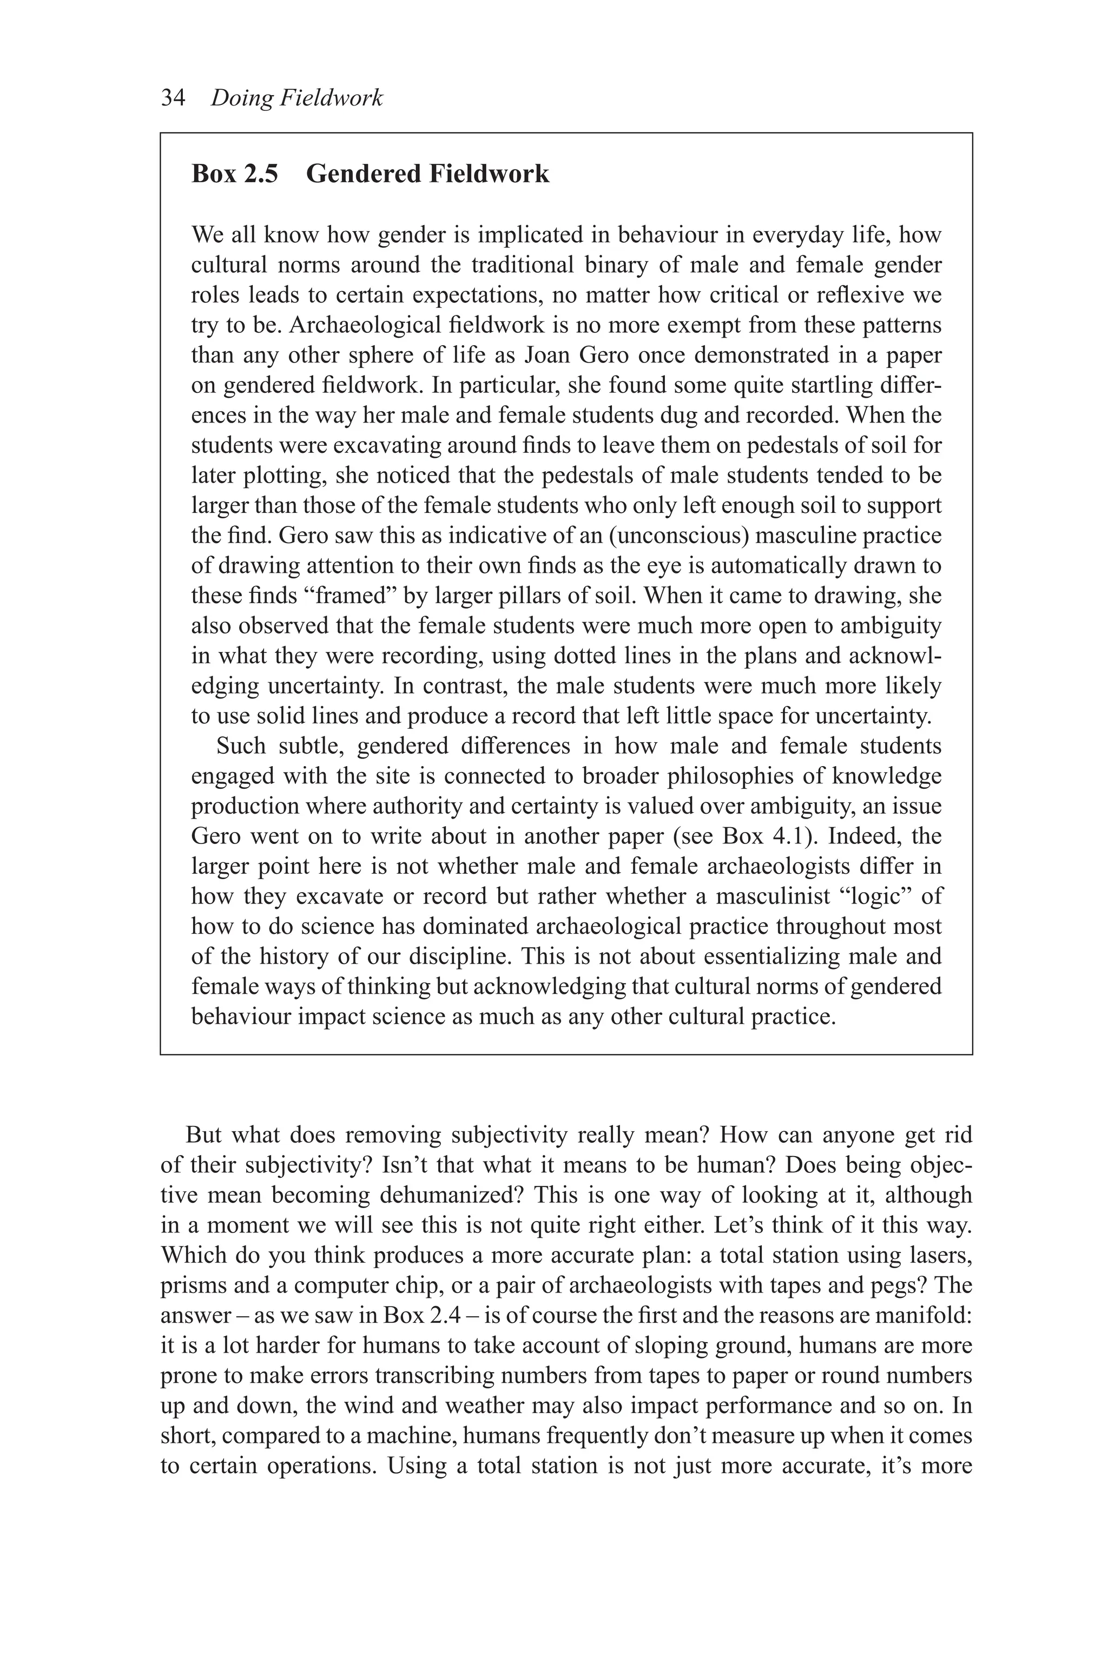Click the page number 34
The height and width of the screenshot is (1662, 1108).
[x=173, y=97]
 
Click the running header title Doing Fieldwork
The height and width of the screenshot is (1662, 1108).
[x=297, y=97]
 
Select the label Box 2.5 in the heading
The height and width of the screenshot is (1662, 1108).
[x=235, y=174]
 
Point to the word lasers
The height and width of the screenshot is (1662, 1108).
[x=939, y=1255]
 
